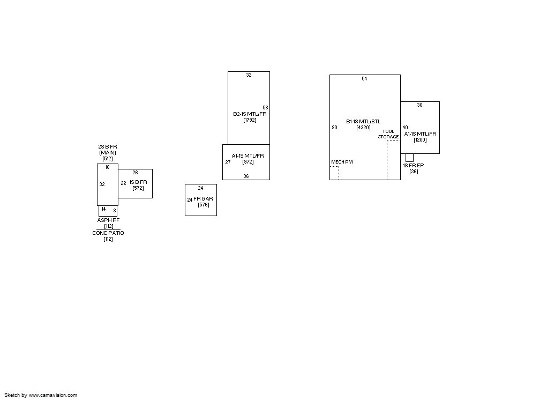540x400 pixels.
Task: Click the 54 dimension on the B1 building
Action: pos(364,79)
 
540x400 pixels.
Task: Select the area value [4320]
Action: pos(363,128)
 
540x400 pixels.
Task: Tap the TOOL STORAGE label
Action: pos(388,134)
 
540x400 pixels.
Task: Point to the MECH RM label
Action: pos(342,162)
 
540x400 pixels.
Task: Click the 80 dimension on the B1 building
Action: pos(334,128)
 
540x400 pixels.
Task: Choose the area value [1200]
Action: pos(420,140)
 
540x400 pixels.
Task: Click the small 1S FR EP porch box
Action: pos(409,158)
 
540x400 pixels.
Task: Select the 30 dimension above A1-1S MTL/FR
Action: pos(419,105)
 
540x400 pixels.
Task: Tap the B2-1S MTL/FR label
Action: pos(250,114)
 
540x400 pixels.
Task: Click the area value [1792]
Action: pos(250,120)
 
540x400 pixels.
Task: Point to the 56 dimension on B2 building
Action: pos(265,108)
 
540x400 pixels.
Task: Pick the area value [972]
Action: pos(248,162)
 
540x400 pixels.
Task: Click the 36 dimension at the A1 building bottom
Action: pos(246,176)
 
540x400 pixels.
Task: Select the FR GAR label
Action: pos(203,199)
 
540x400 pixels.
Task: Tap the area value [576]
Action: pos(204,205)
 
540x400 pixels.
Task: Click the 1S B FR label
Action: pos(138,182)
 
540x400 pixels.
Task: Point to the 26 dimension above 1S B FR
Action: pos(135,173)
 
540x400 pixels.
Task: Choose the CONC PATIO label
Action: pos(108,233)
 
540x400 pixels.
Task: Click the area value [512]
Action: pos(108,159)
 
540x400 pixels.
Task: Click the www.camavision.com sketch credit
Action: pos(52,395)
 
